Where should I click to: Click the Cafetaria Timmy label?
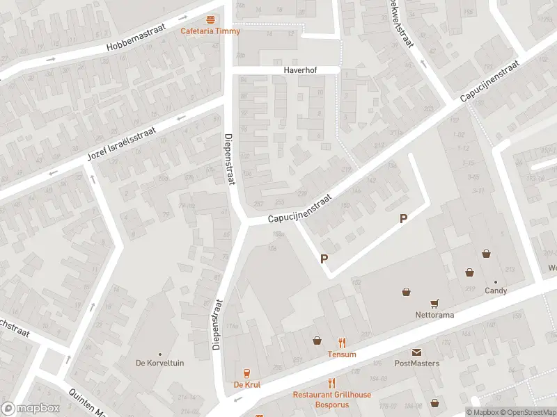pos(210,31)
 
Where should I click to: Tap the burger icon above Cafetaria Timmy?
pos(210,19)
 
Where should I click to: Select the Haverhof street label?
pos(300,70)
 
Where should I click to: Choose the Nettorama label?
pos(434,315)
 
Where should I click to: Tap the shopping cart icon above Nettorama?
pos(434,303)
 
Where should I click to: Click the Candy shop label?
pos(496,291)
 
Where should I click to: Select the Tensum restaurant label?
pos(342,354)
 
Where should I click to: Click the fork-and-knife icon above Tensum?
pos(342,342)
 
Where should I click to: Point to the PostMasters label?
pos(416,363)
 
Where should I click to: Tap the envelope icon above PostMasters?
pos(416,352)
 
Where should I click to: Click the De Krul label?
pos(246,384)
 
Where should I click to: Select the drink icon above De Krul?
pos(246,373)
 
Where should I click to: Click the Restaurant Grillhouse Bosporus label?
pos(331,400)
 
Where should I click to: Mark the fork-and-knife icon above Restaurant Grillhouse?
pos(331,382)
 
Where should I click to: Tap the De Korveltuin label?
pos(160,363)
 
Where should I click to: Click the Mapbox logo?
pos(31,409)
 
